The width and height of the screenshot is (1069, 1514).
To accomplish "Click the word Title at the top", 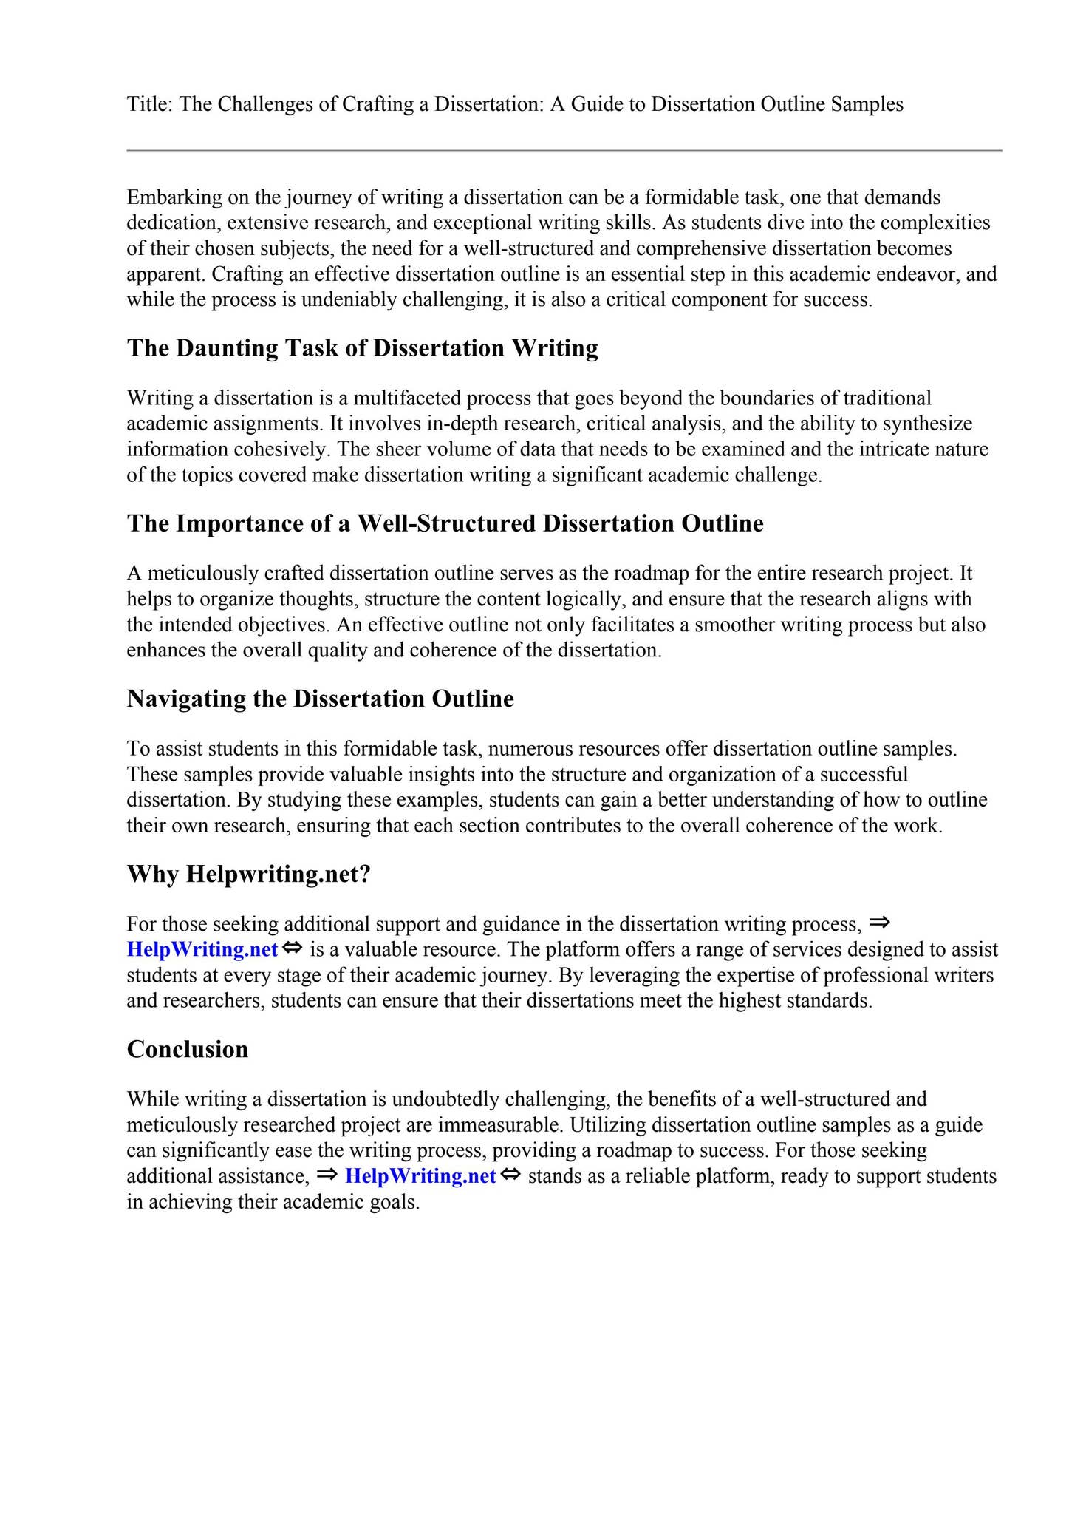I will tap(148, 104).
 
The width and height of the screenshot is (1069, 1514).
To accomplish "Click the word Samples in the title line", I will tap(867, 104).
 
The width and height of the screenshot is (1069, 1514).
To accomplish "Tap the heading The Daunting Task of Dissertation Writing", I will tap(362, 348).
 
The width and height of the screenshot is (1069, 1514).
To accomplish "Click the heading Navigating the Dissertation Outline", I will tap(320, 699).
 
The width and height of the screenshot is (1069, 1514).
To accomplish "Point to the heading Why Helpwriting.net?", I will tap(248, 874).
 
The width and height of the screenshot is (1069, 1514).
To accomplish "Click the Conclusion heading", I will tap(187, 1049).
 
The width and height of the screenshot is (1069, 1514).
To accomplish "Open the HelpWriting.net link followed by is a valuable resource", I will tap(202, 949).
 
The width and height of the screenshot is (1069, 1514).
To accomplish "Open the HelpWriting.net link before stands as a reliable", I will tap(420, 1176).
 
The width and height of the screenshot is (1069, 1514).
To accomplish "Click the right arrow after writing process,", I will tap(879, 922).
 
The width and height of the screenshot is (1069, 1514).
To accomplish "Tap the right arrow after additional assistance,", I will tap(327, 1174).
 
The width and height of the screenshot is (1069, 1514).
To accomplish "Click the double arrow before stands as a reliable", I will tap(510, 1175).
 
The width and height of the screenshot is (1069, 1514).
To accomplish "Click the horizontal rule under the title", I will tap(564, 151).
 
